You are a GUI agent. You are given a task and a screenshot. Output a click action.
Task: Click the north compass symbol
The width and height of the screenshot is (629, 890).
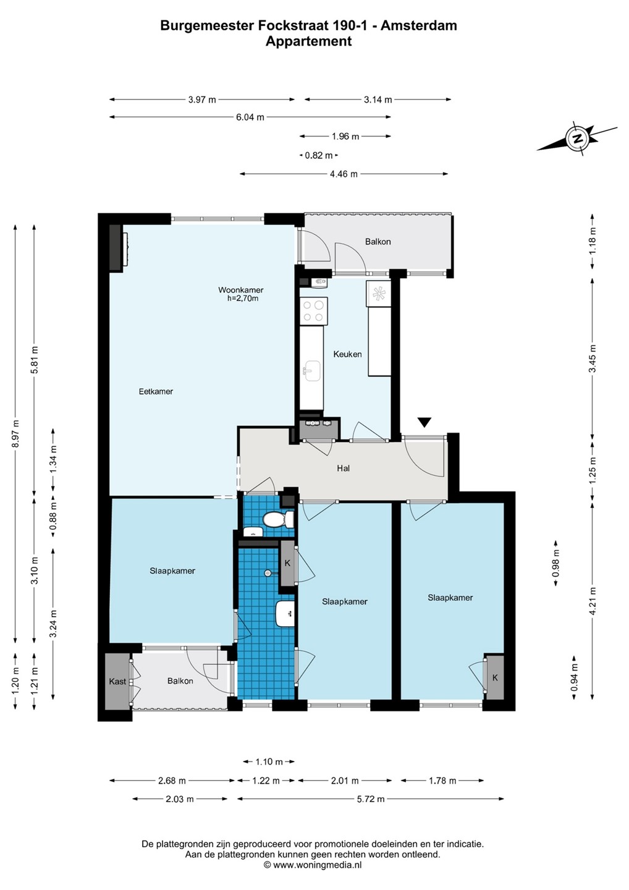[x=578, y=138]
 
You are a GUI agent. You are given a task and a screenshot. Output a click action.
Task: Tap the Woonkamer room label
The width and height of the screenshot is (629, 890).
[x=240, y=290]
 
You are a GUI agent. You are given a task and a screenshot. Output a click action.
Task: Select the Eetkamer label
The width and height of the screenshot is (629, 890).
[x=156, y=391]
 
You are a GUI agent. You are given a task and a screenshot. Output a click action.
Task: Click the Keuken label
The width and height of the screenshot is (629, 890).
[x=347, y=354]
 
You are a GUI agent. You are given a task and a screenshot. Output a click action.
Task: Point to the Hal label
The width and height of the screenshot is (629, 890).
[x=343, y=468]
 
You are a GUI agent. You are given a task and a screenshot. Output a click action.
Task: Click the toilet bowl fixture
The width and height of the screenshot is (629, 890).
[x=277, y=519]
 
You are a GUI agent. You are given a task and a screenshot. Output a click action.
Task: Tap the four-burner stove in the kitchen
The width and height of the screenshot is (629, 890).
[x=313, y=311]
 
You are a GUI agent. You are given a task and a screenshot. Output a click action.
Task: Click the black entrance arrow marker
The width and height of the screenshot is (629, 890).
[x=424, y=422]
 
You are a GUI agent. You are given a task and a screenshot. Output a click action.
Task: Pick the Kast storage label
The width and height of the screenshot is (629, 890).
[x=117, y=681]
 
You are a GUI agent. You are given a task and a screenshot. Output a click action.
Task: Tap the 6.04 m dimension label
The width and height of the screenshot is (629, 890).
[x=250, y=117]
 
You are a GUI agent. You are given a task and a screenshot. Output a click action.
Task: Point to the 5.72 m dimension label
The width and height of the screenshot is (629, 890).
[x=371, y=799]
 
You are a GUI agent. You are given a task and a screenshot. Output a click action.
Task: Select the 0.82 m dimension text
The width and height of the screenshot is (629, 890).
[x=318, y=155]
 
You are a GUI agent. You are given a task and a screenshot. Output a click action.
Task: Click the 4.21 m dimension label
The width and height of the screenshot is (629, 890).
[x=593, y=601]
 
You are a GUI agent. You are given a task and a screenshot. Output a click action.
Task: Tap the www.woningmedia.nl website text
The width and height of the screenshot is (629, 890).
[x=316, y=865]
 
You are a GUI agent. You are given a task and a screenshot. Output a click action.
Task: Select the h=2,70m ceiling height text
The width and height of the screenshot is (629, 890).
[x=243, y=299]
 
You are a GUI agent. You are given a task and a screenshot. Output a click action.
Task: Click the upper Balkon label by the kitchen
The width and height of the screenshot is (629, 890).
[x=378, y=242]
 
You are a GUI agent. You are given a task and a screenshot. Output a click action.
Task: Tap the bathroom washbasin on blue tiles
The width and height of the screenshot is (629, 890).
[x=285, y=613]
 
